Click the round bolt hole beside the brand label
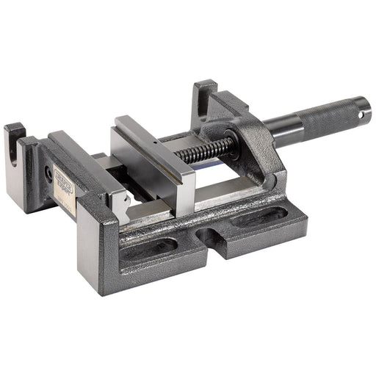[48, 175]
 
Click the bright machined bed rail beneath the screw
[228, 192]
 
